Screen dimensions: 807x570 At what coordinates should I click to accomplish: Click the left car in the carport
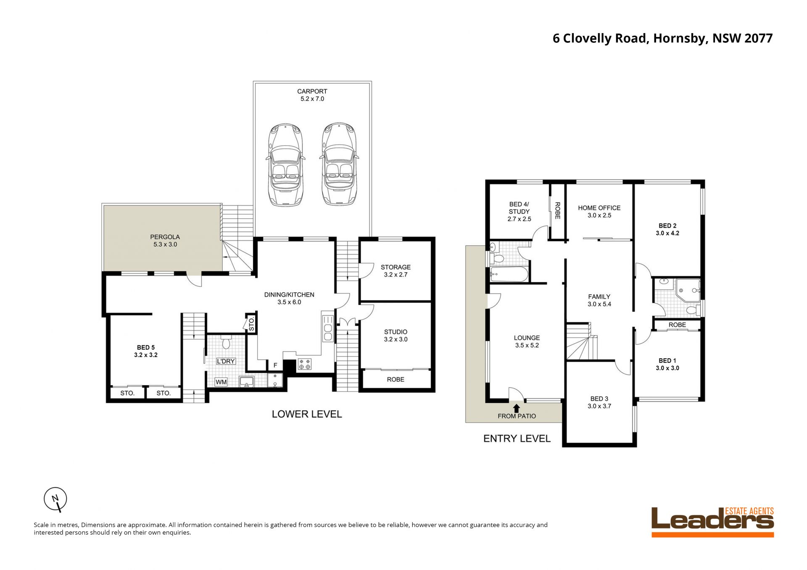[x=286, y=164]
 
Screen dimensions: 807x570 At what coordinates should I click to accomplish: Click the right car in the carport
[x=339, y=164]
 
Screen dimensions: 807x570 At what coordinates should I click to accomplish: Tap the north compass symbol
[x=55, y=499]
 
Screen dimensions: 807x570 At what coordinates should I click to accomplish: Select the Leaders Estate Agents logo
[x=712, y=522]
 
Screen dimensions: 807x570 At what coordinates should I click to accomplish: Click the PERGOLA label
[x=165, y=237]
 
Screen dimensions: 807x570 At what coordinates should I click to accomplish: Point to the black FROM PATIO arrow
[x=516, y=408]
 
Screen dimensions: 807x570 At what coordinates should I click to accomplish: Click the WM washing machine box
[x=221, y=382]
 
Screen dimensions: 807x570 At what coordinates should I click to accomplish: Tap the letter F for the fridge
[x=275, y=365]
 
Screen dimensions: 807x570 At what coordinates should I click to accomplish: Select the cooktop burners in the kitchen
[x=304, y=364]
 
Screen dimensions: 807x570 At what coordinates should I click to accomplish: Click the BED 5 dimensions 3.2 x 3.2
[x=145, y=355]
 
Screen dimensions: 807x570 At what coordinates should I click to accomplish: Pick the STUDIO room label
[x=396, y=332]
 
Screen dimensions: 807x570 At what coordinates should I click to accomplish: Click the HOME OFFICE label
[x=599, y=208]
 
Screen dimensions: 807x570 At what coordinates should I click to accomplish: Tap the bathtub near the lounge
[x=509, y=275]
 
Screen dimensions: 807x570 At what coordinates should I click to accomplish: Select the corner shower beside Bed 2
[x=688, y=289]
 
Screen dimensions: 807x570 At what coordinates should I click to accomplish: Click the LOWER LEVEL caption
[x=307, y=414]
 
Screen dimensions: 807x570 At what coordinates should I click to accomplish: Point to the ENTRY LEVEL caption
[x=517, y=439]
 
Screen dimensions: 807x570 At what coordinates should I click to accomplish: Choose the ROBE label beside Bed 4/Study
[x=558, y=210]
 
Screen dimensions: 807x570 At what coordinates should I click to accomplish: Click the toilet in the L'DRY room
[x=226, y=342]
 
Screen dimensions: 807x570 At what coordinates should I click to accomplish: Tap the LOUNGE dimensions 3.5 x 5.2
[x=527, y=346]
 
